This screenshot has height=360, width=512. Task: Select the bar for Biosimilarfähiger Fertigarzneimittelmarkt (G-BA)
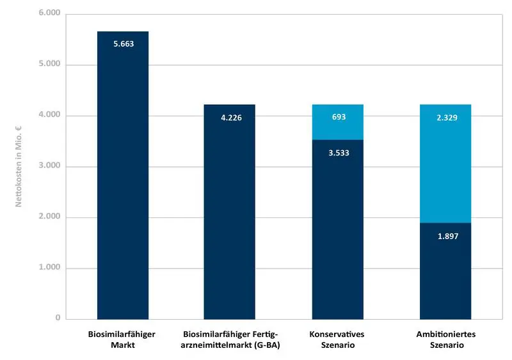[229, 217]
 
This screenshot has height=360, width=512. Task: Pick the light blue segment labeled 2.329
[445, 163]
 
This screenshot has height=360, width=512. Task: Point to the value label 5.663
[123, 45]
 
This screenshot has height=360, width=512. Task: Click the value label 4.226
[230, 118]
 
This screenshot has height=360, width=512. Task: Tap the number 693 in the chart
[338, 118]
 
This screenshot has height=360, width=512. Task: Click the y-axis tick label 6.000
[49, 13]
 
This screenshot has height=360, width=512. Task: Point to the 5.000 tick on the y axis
[49, 65]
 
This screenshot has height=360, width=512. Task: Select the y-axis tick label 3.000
[49, 166]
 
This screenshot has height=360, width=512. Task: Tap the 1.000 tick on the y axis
[49, 268]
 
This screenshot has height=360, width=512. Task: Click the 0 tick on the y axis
[57, 318]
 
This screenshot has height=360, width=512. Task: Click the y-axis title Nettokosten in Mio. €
[20, 166]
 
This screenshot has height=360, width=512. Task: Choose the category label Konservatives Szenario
[337, 340]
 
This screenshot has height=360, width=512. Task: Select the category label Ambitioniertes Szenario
[445, 340]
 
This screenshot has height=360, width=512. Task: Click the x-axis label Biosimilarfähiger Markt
[122, 340]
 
